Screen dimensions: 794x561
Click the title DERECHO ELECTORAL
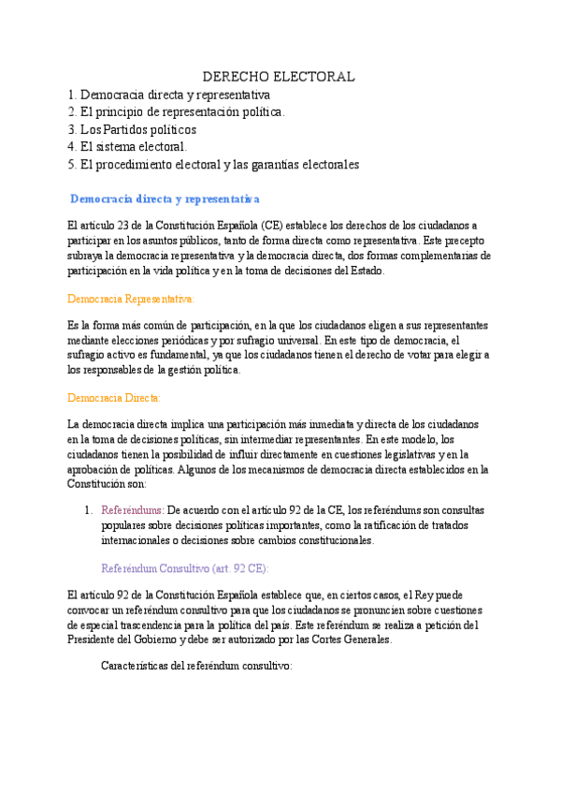(x=280, y=76)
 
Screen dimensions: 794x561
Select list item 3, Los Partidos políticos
(x=132, y=129)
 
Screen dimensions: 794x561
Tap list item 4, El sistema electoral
(x=127, y=147)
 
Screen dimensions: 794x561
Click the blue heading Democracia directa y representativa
(x=165, y=199)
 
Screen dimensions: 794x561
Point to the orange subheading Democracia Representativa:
(x=131, y=299)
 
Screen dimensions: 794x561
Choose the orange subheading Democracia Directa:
(x=115, y=398)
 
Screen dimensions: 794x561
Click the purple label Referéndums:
(x=132, y=510)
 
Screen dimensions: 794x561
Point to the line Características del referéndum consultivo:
(x=196, y=667)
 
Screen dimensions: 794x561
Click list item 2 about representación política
(x=176, y=111)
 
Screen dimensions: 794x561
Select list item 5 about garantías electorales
(x=213, y=165)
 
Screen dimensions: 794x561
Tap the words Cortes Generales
(x=352, y=640)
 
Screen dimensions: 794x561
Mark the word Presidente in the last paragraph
(x=97, y=640)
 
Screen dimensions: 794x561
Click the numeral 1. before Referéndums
(x=87, y=510)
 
